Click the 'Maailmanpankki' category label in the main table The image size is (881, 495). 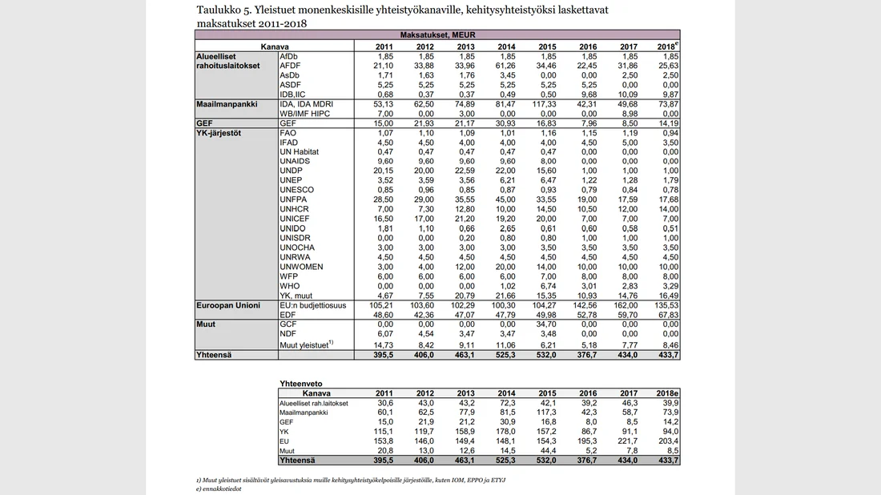point(227,104)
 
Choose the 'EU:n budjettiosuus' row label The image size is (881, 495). point(313,305)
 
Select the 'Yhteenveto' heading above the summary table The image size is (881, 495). point(302,384)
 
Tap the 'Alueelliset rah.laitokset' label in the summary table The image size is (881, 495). point(313,403)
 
